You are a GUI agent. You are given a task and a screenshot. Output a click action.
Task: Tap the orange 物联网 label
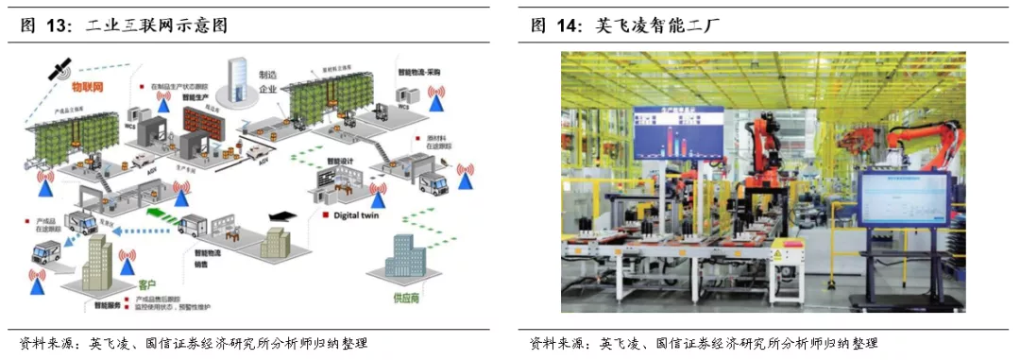(x=91, y=86)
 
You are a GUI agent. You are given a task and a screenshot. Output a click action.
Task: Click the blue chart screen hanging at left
(x=679, y=132)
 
